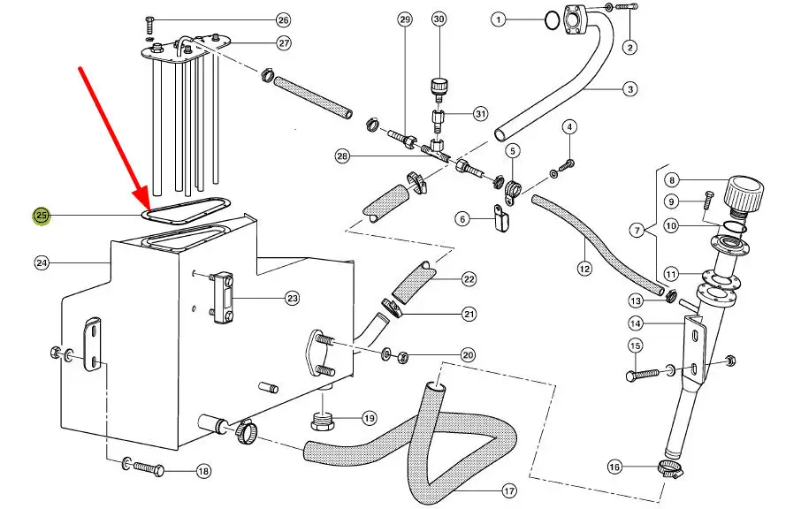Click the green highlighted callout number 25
point(42,216)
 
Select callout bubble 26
point(283,19)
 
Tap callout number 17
point(508,490)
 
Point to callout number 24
point(42,262)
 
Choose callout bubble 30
point(439,19)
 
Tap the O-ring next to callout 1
point(551,19)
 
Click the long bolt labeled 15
point(644,376)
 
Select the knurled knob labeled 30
point(439,87)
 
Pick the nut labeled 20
point(403,356)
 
